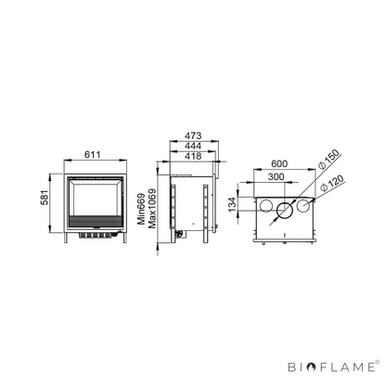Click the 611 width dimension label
tap(93, 154)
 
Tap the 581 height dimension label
tap(45, 198)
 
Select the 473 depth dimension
tap(193, 135)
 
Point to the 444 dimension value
tap(193, 146)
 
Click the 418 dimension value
tap(193, 156)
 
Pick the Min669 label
tap(141, 209)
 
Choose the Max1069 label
tap(152, 209)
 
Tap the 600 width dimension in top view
tap(279, 163)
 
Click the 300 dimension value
tap(276, 176)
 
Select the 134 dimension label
tap(232, 204)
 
